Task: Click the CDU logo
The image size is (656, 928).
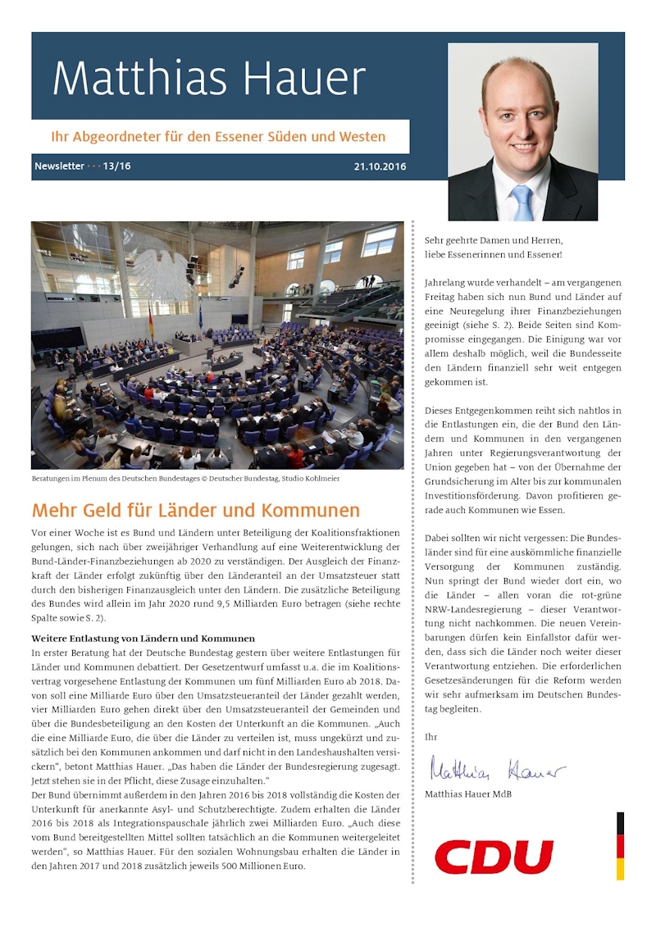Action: coord(494,857)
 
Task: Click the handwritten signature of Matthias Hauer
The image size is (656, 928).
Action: coord(497,770)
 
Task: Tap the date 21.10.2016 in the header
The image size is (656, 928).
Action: coord(380,166)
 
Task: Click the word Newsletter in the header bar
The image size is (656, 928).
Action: coord(59,166)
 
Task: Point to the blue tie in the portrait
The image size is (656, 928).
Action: coord(522,202)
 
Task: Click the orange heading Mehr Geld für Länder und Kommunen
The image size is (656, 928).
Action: coord(195,511)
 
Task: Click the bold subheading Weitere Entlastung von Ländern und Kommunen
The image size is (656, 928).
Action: coord(143,638)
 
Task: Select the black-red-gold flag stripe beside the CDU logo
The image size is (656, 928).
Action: coord(620,845)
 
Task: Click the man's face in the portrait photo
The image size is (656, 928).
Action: coord(520,123)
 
